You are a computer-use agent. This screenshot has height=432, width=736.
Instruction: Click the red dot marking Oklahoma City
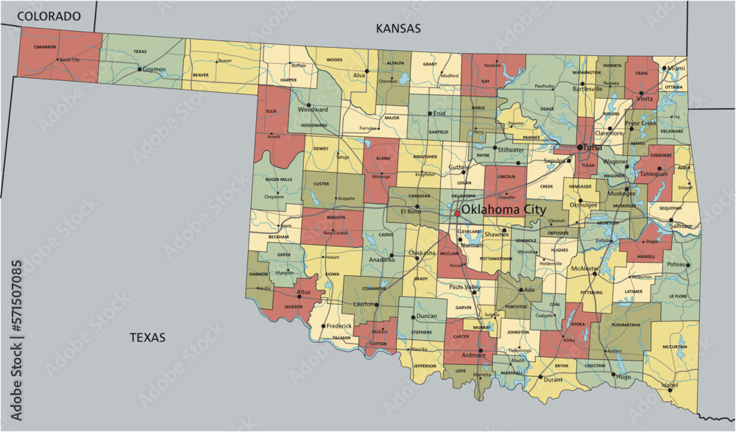456,213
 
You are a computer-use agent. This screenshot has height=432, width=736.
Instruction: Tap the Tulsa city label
590,147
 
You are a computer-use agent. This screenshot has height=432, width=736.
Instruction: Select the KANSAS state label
397,29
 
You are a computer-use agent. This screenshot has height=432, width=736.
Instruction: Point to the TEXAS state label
147,338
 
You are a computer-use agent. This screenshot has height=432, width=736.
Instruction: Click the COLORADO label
48,15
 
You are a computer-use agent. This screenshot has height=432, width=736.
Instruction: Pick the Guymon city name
154,69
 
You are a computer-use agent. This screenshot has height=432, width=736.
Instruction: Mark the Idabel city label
669,385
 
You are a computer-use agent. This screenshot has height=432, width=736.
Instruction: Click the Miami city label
675,68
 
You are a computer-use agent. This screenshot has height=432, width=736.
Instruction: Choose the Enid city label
439,114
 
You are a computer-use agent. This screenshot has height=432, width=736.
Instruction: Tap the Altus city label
303,292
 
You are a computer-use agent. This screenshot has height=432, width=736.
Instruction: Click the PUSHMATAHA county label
625,325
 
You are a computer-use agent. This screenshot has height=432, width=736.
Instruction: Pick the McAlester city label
586,269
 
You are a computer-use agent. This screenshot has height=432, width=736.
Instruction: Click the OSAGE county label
547,109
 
